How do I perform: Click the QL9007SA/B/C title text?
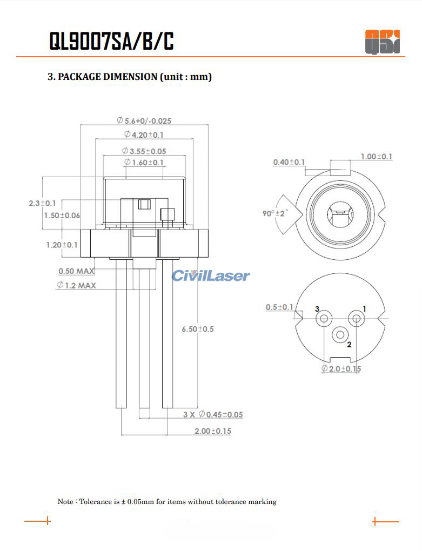[x=111, y=41]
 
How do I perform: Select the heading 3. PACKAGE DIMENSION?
[x=130, y=77]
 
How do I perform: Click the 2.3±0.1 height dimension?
[x=42, y=203]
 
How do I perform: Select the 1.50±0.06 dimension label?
[x=62, y=215]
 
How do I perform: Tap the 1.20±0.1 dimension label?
[x=62, y=245]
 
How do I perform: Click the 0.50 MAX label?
[x=77, y=271]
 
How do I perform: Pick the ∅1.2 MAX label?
[x=76, y=285]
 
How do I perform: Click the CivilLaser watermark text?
[x=211, y=276]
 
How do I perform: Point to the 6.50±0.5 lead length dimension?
[x=198, y=328]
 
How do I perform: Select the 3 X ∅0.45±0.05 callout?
[x=213, y=414]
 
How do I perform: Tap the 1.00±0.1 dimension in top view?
[x=377, y=157]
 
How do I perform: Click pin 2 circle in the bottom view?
[x=340, y=335]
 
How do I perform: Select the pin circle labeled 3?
[x=324, y=319]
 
